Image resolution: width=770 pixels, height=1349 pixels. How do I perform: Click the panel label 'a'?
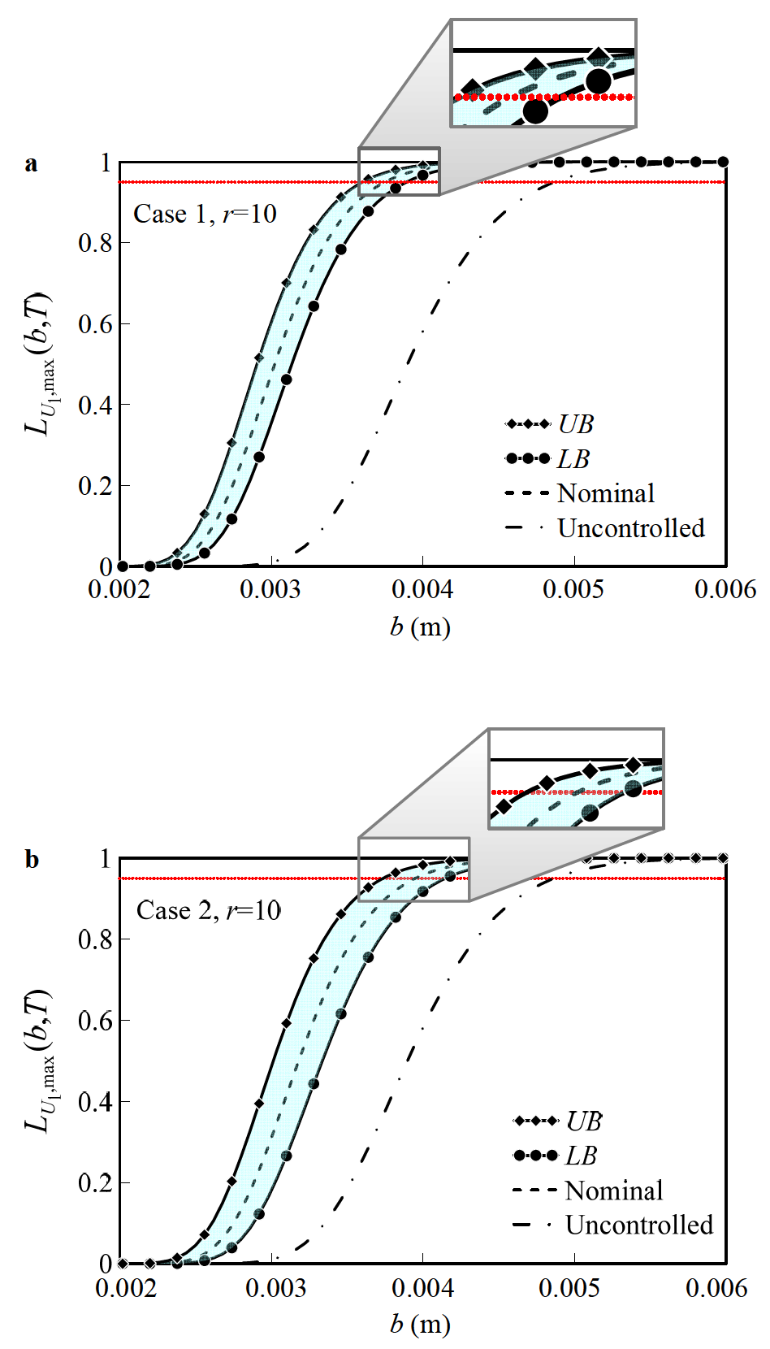(31, 164)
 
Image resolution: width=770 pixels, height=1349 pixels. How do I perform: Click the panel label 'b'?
(32, 860)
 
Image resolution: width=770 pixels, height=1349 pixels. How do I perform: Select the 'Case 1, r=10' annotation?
(205, 214)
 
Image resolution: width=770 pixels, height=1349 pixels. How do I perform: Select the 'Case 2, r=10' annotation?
(208, 910)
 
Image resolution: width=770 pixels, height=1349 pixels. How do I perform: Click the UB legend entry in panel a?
(549, 424)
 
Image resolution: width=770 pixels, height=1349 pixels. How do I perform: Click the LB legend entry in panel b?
(556, 1156)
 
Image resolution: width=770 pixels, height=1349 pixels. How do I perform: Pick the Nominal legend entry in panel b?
(588, 1191)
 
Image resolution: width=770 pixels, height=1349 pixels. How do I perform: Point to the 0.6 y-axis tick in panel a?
(94, 324)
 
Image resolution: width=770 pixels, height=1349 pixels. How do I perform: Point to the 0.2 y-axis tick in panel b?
(94, 1183)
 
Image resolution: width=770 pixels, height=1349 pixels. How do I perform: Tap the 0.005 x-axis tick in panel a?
(573, 589)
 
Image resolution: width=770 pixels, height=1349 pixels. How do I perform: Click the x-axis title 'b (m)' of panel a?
(420, 627)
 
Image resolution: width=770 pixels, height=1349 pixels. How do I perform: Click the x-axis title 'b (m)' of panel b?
(420, 1324)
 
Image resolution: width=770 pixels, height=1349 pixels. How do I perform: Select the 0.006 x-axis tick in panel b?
(716, 1287)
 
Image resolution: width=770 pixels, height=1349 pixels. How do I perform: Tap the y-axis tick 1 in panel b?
(105, 859)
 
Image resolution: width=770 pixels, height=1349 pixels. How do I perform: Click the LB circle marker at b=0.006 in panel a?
(723, 162)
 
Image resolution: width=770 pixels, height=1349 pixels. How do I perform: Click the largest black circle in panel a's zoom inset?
(598, 80)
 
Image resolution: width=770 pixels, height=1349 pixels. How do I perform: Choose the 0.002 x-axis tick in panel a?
(119, 589)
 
